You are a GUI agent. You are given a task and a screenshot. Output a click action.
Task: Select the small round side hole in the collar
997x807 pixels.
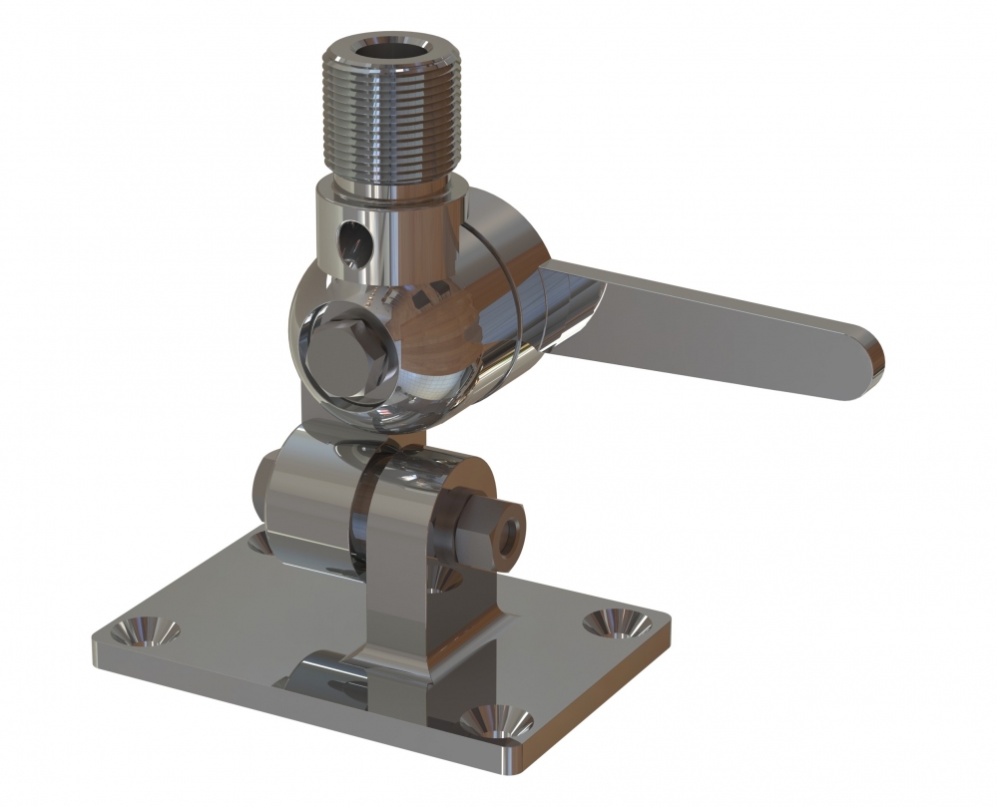coord(352,239)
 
